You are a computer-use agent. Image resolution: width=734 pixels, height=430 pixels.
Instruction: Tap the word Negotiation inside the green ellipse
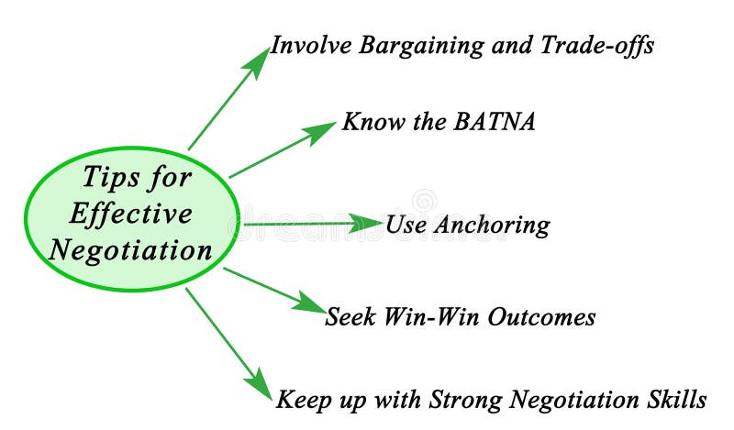[x=130, y=249]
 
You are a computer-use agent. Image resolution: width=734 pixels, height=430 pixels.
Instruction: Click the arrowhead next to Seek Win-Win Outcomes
[x=312, y=303]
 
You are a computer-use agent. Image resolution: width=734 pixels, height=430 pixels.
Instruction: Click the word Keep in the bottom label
[x=301, y=401]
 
